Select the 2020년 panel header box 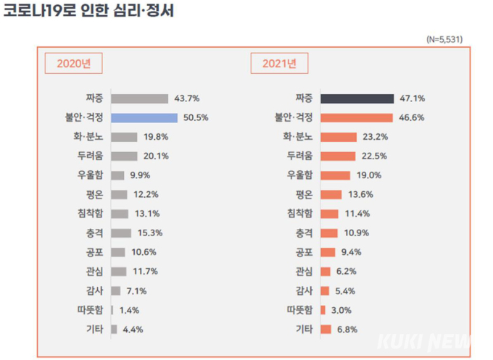click(x=74, y=63)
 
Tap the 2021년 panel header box click(x=279, y=63)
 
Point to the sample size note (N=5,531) click(x=444, y=39)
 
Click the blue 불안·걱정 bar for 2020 click(x=145, y=117)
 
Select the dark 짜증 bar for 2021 click(x=356, y=98)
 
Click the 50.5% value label click(x=196, y=117)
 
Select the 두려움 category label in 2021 click(x=299, y=156)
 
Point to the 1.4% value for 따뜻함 click(x=130, y=310)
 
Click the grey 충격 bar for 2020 click(x=122, y=233)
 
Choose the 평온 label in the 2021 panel click(x=303, y=194)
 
